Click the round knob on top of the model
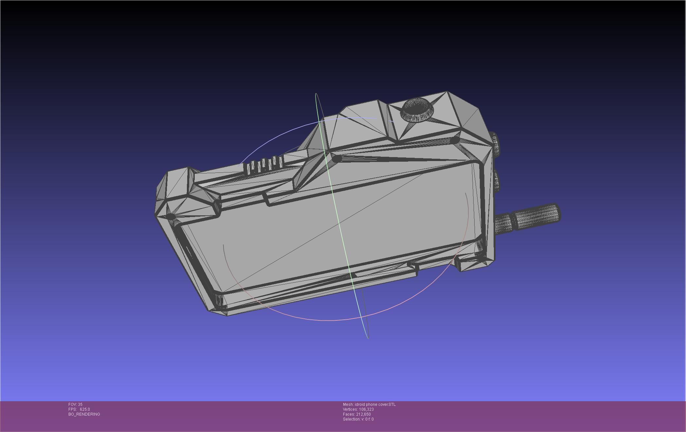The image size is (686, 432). [417, 109]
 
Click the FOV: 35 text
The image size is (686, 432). [75, 405]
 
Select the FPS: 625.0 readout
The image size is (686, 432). [79, 409]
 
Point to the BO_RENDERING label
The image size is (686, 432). [84, 414]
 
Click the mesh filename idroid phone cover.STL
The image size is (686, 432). [369, 405]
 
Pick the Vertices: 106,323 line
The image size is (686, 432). [358, 409]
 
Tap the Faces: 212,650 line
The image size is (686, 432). [357, 414]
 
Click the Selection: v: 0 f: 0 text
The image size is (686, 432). [358, 419]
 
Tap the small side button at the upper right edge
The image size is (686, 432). [496, 142]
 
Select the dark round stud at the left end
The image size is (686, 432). [171, 216]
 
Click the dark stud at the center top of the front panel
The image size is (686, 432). [337, 159]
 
